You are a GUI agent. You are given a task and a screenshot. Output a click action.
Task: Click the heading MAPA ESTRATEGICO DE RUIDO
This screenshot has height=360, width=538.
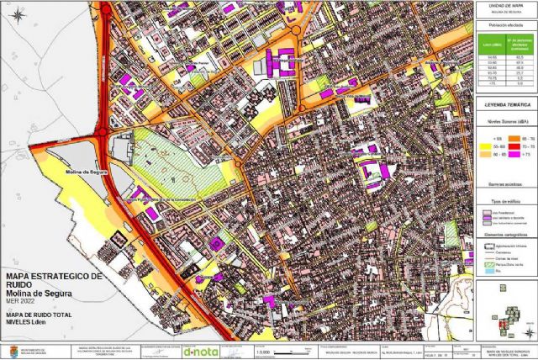point(53,279)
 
